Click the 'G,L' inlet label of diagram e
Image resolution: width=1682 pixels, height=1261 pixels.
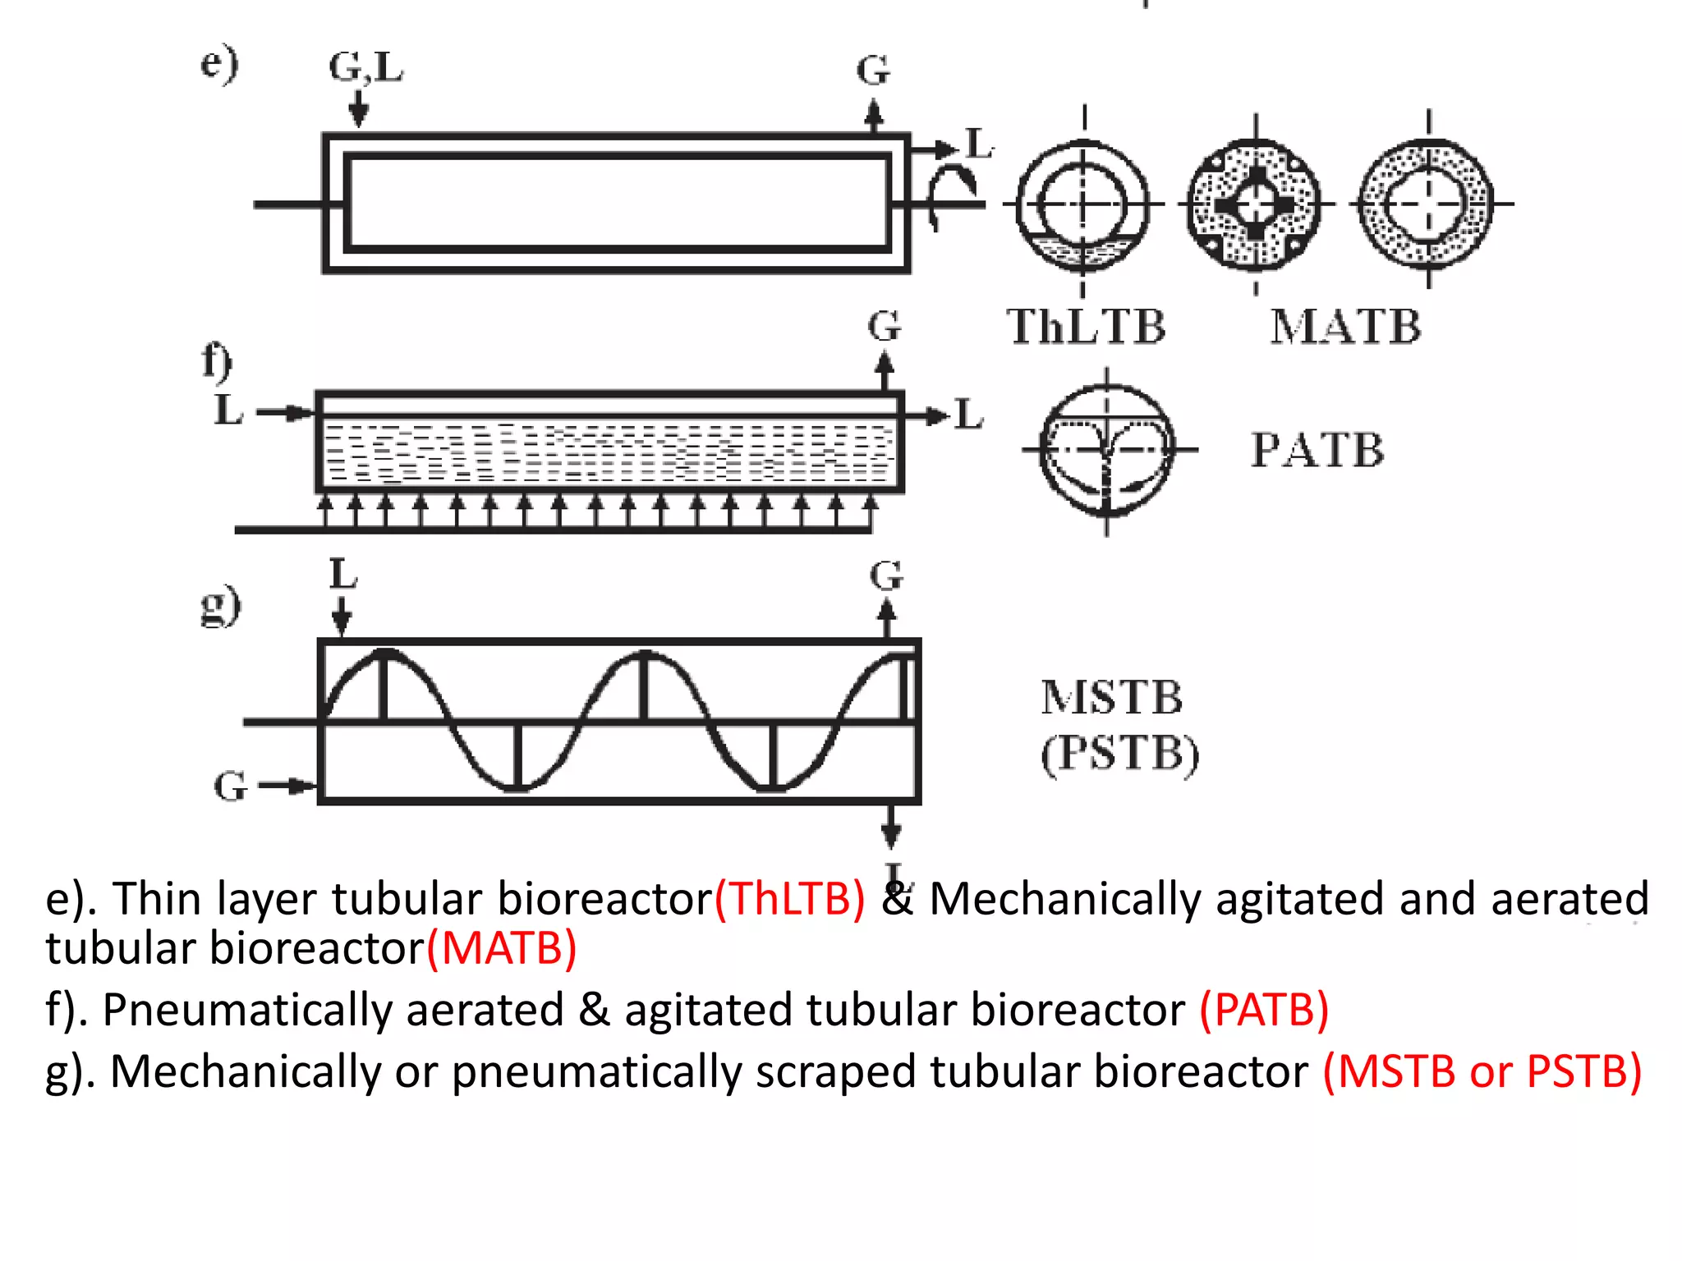click(x=365, y=67)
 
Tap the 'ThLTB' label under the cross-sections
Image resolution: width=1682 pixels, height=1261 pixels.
click(x=1086, y=327)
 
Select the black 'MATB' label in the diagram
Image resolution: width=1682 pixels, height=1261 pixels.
click(x=1345, y=327)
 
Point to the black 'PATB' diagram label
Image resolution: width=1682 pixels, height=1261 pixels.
click(x=1317, y=450)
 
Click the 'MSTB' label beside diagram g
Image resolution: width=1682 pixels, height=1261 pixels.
click(x=1111, y=698)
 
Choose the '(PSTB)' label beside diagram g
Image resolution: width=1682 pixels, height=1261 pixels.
click(x=1119, y=754)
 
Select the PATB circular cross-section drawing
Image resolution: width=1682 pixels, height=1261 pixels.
click(x=1106, y=450)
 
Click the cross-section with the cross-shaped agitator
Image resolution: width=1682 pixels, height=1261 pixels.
click(x=1255, y=204)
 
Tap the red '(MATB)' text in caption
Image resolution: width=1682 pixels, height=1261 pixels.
click(x=502, y=949)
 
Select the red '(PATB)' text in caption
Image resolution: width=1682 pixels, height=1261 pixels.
click(x=1264, y=1010)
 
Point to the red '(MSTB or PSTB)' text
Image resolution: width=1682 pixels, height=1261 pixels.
click(x=1482, y=1071)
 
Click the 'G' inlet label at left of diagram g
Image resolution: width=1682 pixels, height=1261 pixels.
click(x=230, y=786)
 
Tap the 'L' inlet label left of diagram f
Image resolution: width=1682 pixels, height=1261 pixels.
click(x=228, y=410)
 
